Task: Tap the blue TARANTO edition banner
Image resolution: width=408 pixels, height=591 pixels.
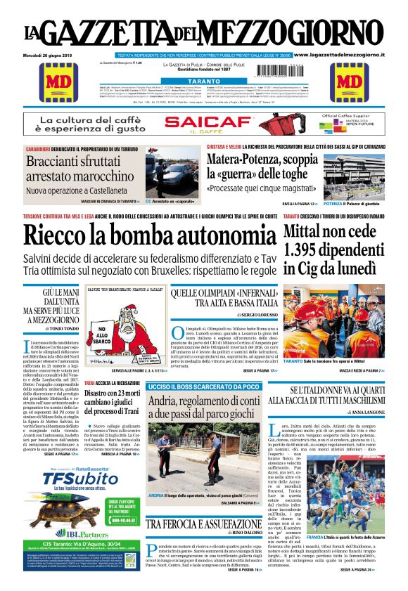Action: pos(203,82)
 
